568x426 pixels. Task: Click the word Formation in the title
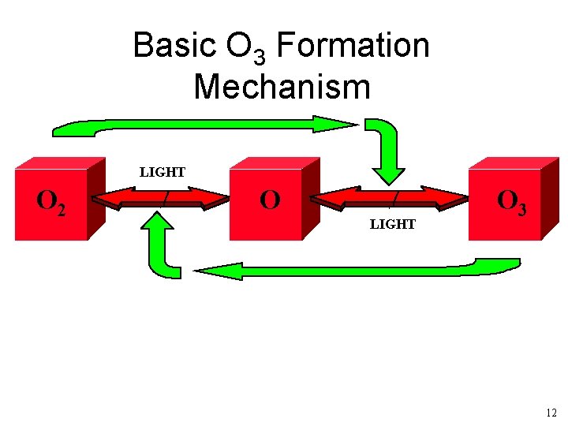(x=353, y=46)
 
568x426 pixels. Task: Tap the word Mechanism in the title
(x=282, y=86)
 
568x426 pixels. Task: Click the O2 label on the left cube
(x=51, y=204)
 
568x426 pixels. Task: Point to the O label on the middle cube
(x=270, y=200)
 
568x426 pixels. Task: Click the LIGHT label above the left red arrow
(x=163, y=172)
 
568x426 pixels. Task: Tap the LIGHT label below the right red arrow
(x=393, y=224)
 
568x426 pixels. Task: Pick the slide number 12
(x=551, y=413)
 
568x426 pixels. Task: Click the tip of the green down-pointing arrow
(x=388, y=182)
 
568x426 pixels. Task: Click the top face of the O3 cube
(x=513, y=163)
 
